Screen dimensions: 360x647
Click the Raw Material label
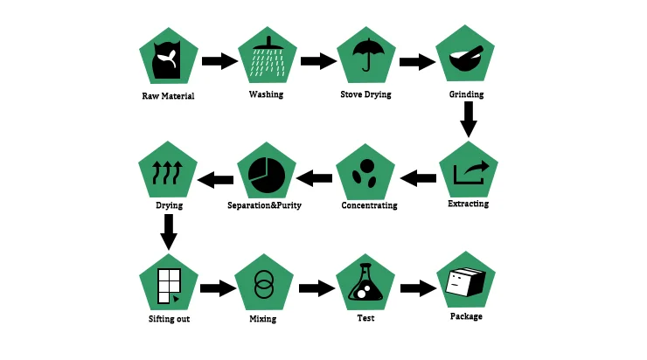tap(168, 95)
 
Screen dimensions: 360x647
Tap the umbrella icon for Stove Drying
tap(365, 57)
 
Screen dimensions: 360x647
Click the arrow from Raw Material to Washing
tap(219, 61)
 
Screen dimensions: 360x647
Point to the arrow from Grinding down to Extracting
tap(469, 119)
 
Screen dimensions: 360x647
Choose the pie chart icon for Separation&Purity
tap(268, 171)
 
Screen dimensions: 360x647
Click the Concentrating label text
tap(369, 206)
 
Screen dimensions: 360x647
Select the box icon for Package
tap(465, 281)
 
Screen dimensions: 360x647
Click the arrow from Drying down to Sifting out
tap(169, 232)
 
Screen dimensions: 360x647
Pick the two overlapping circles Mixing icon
tap(263, 284)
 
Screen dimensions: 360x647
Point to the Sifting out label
tap(169, 319)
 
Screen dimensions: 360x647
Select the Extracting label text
tap(468, 204)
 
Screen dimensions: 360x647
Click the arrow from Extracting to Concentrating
tap(418, 179)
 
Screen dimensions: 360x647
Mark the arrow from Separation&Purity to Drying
tap(214, 180)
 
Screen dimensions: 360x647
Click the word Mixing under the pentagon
tap(263, 319)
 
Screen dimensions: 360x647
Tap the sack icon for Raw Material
tap(167, 59)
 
